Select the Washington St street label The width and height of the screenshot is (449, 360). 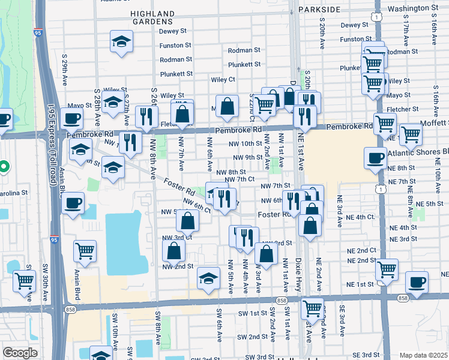[x=412, y=9]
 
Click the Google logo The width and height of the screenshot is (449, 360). [x=20, y=353]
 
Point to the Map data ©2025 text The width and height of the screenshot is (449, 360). [x=423, y=355]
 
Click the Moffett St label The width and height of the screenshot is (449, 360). [x=432, y=122]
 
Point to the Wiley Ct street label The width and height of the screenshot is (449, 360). [x=223, y=79]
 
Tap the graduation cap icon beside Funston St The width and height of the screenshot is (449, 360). [x=121, y=42]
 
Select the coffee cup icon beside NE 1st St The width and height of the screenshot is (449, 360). [x=417, y=282]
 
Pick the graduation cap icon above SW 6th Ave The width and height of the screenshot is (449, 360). [x=208, y=279]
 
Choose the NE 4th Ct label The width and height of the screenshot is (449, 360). [x=361, y=217]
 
